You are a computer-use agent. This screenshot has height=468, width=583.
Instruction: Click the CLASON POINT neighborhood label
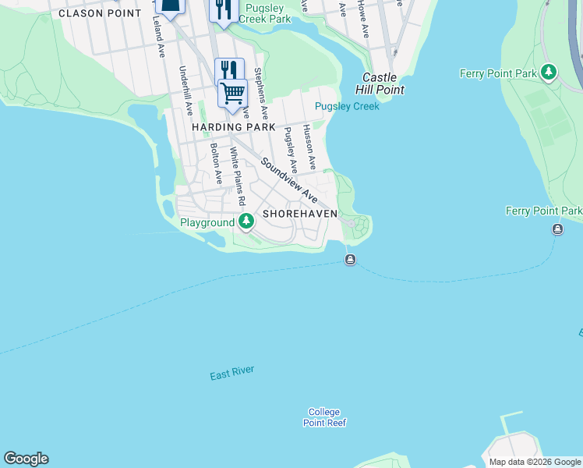point(100,13)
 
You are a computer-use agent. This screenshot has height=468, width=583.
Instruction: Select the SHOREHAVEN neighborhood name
point(300,214)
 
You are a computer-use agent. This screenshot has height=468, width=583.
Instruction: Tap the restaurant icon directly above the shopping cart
point(229,70)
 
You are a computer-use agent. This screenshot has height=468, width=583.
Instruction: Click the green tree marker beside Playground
point(246,222)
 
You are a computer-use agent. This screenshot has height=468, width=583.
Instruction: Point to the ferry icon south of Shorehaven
point(351,260)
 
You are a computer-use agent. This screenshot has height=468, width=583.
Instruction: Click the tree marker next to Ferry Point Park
point(549,73)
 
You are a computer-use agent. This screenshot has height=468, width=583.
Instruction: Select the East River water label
point(231,374)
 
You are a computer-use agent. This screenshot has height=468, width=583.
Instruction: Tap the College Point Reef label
point(324,417)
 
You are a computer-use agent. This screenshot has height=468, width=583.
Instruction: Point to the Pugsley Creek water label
point(347,106)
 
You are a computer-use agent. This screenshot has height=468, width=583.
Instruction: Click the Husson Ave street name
point(309,147)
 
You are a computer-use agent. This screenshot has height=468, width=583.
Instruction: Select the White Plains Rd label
point(237,173)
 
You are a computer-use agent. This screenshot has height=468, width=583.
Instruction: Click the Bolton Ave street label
point(214,163)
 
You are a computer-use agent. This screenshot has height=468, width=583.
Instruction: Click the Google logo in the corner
point(26,459)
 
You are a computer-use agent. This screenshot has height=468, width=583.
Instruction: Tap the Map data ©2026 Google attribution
point(535,463)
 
